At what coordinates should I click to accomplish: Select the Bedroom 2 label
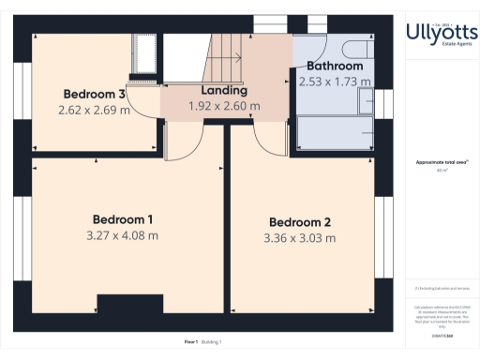(300, 222)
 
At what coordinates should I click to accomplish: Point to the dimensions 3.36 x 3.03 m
(300, 238)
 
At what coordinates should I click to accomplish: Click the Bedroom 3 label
(94, 94)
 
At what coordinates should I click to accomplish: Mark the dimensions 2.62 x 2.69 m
(94, 109)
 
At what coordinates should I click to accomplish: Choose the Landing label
(224, 91)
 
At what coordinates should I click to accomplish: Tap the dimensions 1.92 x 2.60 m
(224, 106)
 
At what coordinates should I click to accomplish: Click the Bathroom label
(335, 67)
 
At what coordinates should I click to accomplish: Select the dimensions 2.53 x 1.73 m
(335, 82)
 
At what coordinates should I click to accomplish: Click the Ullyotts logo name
(441, 32)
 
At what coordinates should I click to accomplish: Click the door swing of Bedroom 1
(183, 141)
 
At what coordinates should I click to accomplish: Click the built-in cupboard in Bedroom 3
(146, 53)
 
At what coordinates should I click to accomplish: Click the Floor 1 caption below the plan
(190, 341)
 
